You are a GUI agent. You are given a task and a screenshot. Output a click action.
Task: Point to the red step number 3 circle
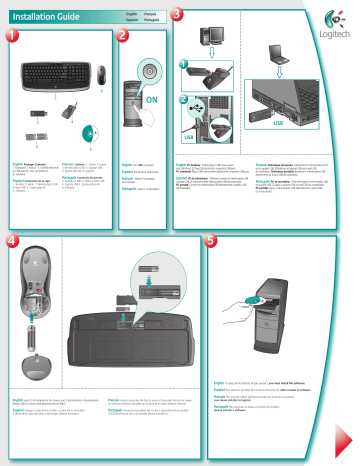[x=177, y=15]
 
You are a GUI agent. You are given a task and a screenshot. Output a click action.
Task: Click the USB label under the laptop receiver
[x=310, y=125]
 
